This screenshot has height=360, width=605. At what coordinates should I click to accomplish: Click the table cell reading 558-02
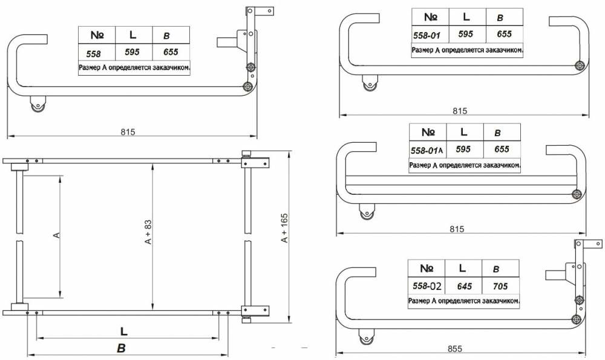pyautogui.click(x=427, y=286)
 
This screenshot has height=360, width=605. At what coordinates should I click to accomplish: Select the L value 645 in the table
pyautogui.click(x=464, y=286)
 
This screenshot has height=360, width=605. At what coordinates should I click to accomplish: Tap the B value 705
pyautogui.click(x=500, y=286)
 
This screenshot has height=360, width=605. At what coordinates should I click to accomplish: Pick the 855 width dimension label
pyautogui.click(x=455, y=349)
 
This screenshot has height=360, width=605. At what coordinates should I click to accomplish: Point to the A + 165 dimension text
pyautogui.click(x=284, y=228)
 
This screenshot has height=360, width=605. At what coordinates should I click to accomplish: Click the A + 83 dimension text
pyautogui.click(x=148, y=232)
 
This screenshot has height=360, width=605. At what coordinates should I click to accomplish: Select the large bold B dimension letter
pyautogui.click(x=121, y=348)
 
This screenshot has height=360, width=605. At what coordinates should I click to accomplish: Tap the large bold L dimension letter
pyautogui.click(x=123, y=331)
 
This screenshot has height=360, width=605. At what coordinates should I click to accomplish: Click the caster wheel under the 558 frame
pyautogui.click(x=38, y=105)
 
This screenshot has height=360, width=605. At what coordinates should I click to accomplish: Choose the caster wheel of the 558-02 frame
pyautogui.click(x=366, y=337)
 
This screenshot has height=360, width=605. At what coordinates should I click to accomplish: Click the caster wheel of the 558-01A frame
pyautogui.click(x=367, y=212)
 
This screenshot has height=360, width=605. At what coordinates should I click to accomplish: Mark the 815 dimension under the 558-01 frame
pyautogui.click(x=460, y=111)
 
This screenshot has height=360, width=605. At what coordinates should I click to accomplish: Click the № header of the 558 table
pyautogui.click(x=97, y=35)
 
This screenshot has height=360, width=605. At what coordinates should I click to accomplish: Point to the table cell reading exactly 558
pyautogui.click(x=94, y=54)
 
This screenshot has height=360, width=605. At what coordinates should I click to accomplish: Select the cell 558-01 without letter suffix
pyautogui.click(x=427, y=36)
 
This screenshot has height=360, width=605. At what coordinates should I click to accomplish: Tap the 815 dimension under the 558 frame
pyautogui.click(x=128, y=132)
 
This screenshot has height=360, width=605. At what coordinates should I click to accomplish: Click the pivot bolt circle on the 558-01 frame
pyautogui.click(x=579, y=65)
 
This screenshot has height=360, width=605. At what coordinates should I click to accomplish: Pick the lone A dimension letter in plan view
pyautogui.click(x=57, y=235)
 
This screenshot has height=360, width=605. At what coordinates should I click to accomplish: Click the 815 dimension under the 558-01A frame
pyautogui.click(x=457, y=229)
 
